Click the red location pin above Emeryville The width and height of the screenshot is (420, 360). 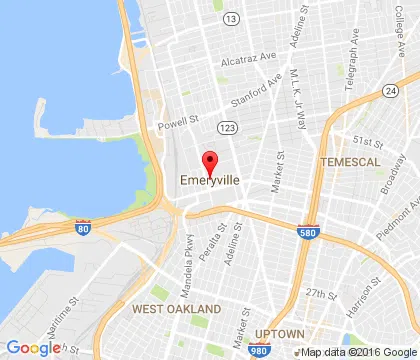[x=210, y=161]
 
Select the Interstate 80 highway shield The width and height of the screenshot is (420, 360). [x=82, y=228]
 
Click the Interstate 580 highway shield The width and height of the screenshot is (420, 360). [x=309, y=232]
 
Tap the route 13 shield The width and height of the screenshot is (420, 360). [x=232, y=19]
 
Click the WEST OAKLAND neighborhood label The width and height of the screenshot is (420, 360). [x=173, y=309]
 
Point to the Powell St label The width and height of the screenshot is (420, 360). [x=178, y=126]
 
